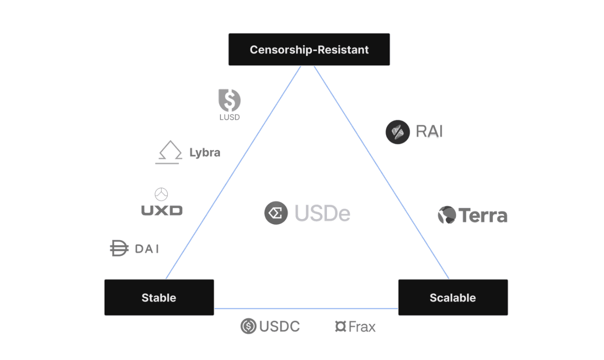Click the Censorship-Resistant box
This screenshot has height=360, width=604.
pyautogui.click(x=309, y=49)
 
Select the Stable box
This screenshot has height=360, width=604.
pyautogui.click(x=159, y=297)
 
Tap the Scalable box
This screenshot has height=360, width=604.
pyautogui.click(x=453, y=297)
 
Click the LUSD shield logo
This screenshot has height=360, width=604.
pyautogui.click(x=229, y=100)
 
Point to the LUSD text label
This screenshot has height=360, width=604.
pyautogui.click(x=229, y=117)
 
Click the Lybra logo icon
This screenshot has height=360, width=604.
pyautogui.click(x=169, y=152)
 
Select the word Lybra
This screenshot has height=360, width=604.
pyautogui.click(x=205, y=153)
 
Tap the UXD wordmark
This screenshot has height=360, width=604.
pyautogui.click(x=162, y=210)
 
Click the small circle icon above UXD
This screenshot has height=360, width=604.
pyautogui.click(x=161, y=194)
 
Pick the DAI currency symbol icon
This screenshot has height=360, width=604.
pyautogui.click(x=119, y=248)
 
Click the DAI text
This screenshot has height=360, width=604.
pyautogui.click(x=147, y=249)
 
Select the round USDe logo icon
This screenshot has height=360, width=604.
pyautogui.click(x=276, y=213)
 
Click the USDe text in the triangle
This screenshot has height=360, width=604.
pyautogui.click(x=323, y=214)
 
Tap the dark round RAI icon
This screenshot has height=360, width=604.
pyautogui.click(x=397, y=132)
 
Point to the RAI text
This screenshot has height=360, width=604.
pyautogui.click(x=429, y=132)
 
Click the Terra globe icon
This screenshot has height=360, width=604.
pyautogui.click(x=447, y=215)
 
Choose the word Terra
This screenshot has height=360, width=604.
pyautogui.click(x=483, y=216)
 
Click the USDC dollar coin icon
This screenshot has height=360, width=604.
pyautogui.click(x=248, y=326)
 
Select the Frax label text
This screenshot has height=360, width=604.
pyautogui.click(x=362, y=327)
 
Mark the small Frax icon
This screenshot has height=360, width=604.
pyautogui.click(x=341, y=326)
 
